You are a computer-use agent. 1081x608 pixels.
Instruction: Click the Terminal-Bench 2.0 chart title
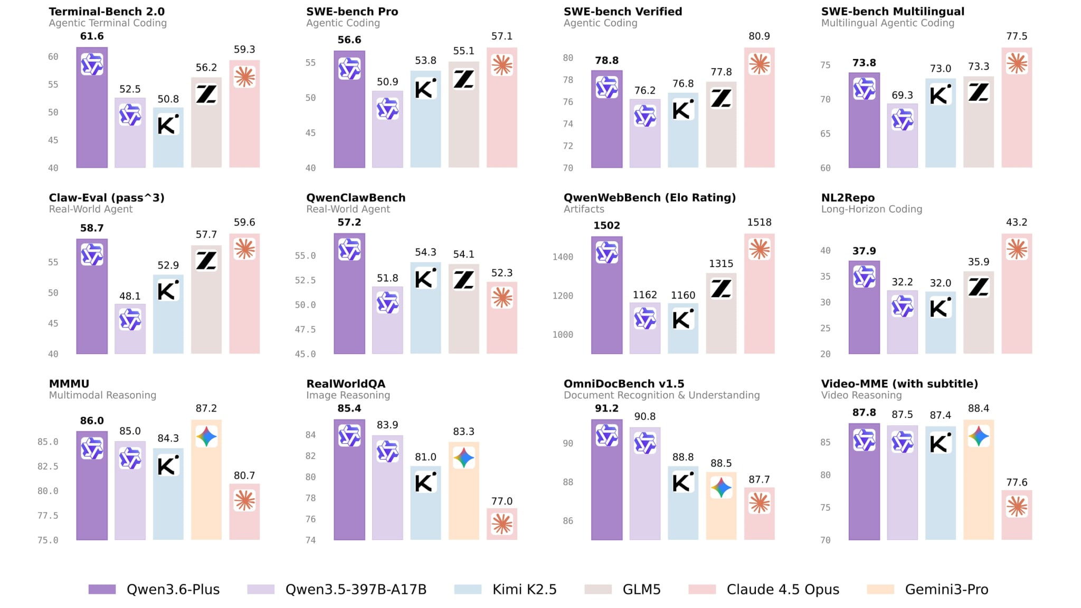pyautogui.click(x=107, y=12)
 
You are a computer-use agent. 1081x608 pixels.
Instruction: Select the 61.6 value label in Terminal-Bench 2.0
pyautogui.click(x=92, y=36)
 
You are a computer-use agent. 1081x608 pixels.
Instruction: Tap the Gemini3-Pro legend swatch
pyautogui.click(x=880, y=590)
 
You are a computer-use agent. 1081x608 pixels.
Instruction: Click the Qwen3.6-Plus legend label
pyautogui.click(x=173, y=590)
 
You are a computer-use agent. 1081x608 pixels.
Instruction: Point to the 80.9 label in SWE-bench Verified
pyautogui.click(x=759, y=36)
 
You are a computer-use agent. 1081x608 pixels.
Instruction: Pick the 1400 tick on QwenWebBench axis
pyautogui.click(x=563, y=257)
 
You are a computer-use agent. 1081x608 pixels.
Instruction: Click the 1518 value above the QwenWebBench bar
pyautogui.click(x=759, y=223)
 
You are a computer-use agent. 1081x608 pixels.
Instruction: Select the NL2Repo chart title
pyautogui.click(x=848, y=198)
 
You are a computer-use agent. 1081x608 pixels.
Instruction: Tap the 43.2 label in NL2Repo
pyautogui.click(x=1017, y=223)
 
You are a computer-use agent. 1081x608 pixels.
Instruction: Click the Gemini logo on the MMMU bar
pyautogui.click(x=206, y=437)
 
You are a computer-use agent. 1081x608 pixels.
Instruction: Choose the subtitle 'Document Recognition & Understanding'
pyautogui.click(x=661, y=395)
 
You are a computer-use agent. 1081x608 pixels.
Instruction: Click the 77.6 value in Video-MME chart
pyautogui.click(x=1017, y=482)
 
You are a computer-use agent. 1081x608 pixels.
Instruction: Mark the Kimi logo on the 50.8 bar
pyautogui.click(x=168, y=125)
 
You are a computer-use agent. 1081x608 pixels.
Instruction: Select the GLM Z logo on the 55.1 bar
pyautogui.click(x=464, y=80)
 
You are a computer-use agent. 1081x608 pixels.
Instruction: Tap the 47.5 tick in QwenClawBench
pyautogui.click(x=305, y=330)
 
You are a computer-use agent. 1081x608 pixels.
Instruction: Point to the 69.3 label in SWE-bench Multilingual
pyautogui.click(x=902, y=96)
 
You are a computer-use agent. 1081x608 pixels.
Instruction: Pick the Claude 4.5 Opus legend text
pyautogui.click(x=783, y=590)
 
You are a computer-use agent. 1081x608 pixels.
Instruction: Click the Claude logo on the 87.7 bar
pyautogui.click(x=759, y=503)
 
